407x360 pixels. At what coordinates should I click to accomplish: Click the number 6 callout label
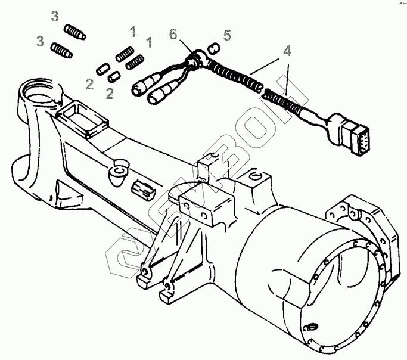coord(173,35)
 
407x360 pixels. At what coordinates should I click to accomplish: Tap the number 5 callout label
coord(226,35)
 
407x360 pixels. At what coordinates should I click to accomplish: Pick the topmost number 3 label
coord(54,16)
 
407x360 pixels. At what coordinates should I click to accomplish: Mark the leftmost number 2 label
coord(90,84)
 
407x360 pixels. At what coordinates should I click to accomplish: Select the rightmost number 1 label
coord(149,42)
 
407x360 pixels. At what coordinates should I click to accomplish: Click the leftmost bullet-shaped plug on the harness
coord(143,86)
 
